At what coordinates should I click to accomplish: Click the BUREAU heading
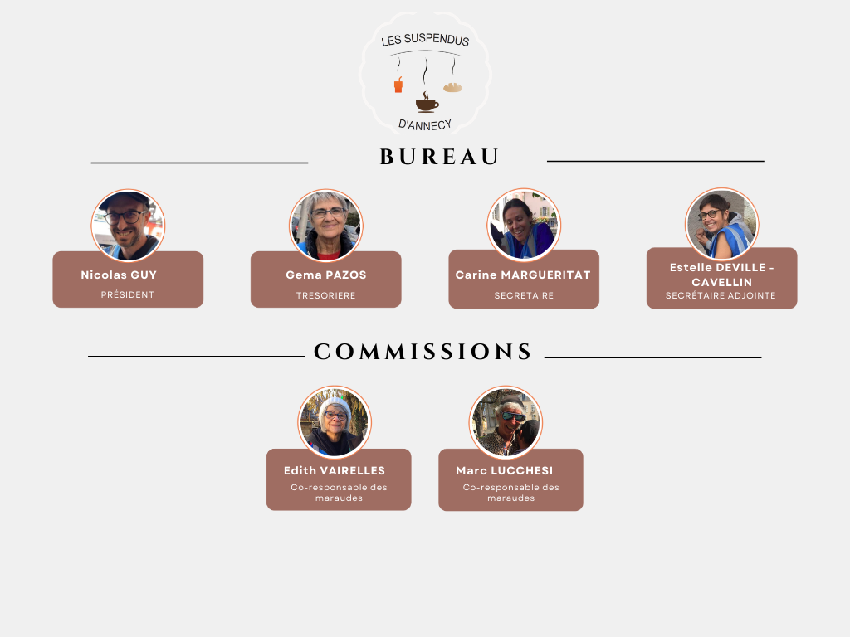tap(439, 157)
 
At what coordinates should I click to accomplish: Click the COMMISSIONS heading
tap(423, 352)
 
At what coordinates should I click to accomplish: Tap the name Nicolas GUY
tap(119, 275)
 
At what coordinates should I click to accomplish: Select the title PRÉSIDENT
tap(128, 294)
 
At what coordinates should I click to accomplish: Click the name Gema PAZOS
tap(325, 275)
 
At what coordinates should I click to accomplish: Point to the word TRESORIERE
tap(325, 295)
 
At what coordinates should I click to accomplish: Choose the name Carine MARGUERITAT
tap(523, 275)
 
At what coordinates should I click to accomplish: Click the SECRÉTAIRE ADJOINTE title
tap(721, 295)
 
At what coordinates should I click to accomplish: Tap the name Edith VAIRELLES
tap(335, 470)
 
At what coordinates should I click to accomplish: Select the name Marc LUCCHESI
tap(505, 470)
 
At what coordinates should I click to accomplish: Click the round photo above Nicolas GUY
tap(128, 225)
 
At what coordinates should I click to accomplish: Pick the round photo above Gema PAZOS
tap(326, 225)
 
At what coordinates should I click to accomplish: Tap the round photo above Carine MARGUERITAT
tap(524, 224)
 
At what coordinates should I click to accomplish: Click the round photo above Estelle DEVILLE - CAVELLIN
tap(721, 223)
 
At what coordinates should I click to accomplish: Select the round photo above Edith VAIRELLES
tap(335, 421)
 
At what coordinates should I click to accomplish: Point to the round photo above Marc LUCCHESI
tap(506, 421)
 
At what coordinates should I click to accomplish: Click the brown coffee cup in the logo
tap(427, 105)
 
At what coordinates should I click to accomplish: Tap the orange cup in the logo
tap(398, 85)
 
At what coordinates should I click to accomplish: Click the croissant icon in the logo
tap(452, 87)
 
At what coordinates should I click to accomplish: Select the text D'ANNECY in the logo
tap(425, 124)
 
